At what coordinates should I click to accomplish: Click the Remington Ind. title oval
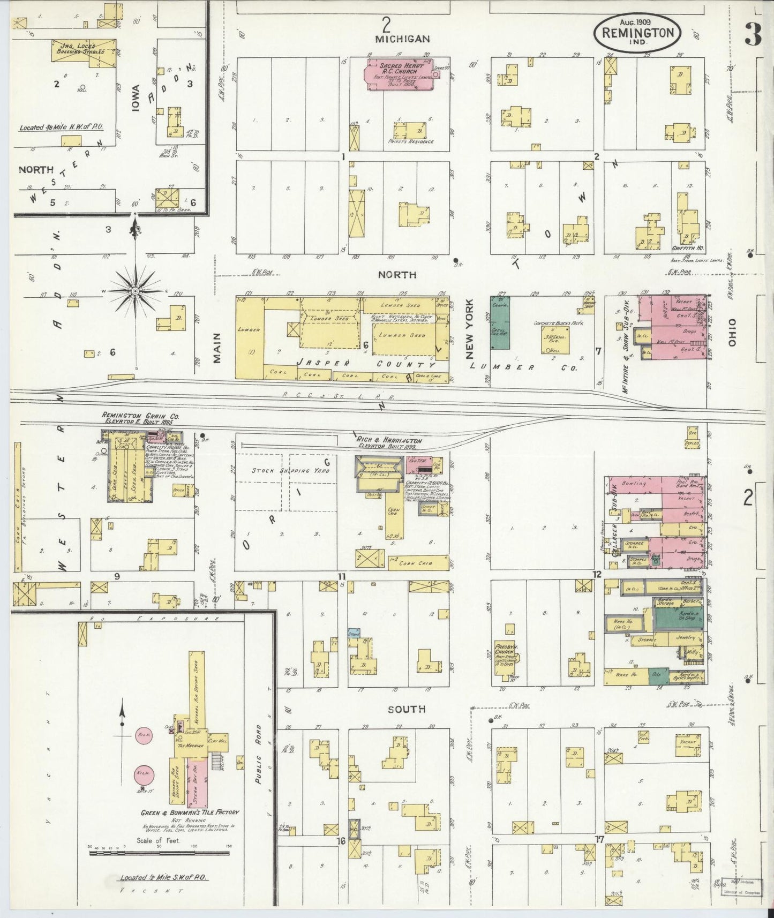(637, 32)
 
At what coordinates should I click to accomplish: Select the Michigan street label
(402, 39)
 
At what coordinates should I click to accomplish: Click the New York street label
(470, 336)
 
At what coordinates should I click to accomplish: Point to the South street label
(407, 709)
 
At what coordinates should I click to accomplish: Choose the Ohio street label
(732, 333)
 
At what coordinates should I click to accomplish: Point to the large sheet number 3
(753, 35)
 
